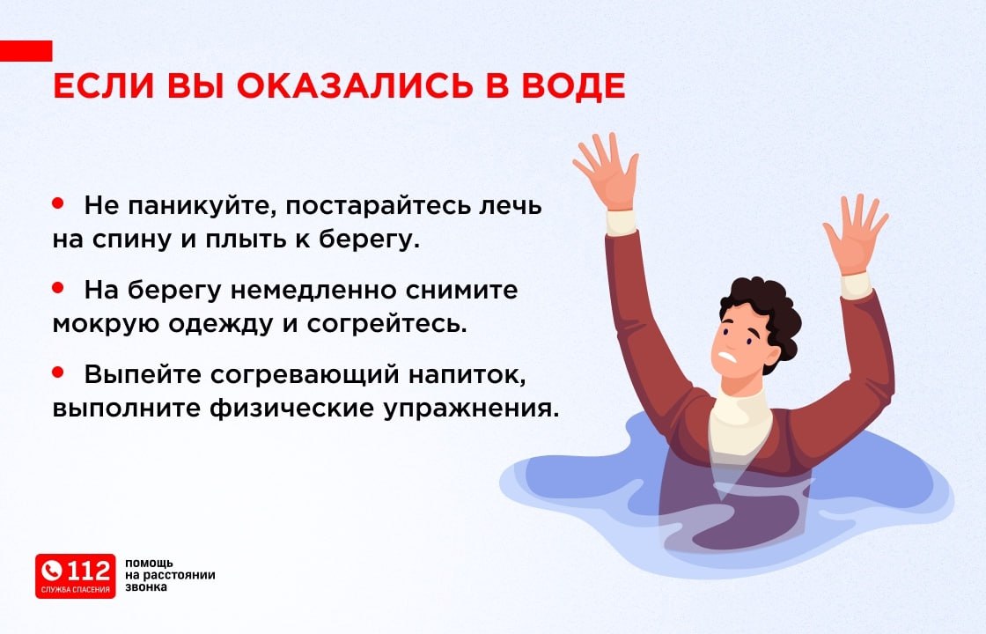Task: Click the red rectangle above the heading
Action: pos(26,50)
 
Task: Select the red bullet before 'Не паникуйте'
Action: pos(59,203)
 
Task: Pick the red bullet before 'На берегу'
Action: pos(59,287)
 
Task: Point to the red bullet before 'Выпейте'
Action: pos(59,372)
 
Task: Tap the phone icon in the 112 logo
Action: pos(53,571)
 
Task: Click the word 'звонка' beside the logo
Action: pos(146,587)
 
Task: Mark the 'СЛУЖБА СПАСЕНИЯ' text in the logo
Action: pos(76,589)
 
